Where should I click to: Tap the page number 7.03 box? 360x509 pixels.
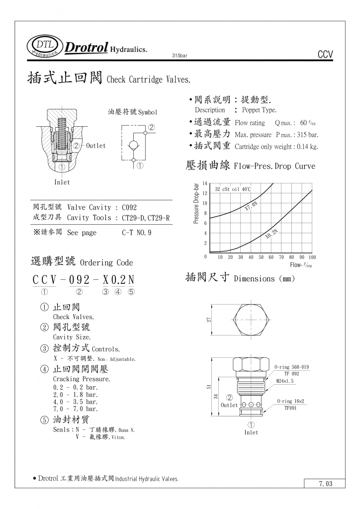click(x=325, y=483)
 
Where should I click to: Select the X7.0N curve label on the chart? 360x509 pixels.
click(x=252, y=206)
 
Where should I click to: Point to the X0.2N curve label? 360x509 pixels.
click(x=272, y=234)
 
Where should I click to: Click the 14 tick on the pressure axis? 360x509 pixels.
click(x=205, y=184)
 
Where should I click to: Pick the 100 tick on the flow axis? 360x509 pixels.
click(x=312, y=257)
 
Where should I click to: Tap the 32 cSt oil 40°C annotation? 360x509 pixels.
click(x=233, y=189)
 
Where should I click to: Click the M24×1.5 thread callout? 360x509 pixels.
click(x=285, y=381)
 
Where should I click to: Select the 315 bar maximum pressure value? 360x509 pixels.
click(x=306, y=135)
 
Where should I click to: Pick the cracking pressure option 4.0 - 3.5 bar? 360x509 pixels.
click(x=76, y=402)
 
